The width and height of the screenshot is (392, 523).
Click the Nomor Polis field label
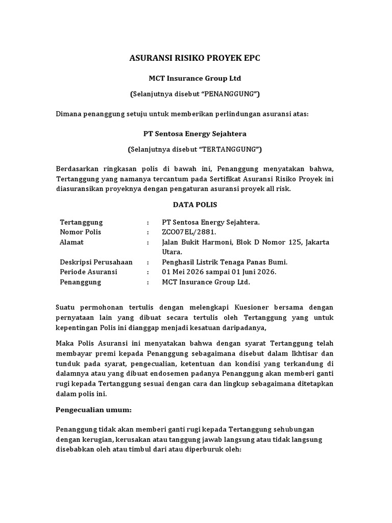(81, 232)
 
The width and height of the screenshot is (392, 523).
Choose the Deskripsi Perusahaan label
(96, 262)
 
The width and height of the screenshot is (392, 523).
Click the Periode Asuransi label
(88, 272)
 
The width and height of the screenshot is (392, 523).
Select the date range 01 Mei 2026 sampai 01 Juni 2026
(219, 272)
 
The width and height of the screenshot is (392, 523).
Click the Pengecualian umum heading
(93, 410)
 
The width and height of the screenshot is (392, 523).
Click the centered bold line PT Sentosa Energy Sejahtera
(194, 134)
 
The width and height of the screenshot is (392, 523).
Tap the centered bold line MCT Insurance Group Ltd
(194, 78)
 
